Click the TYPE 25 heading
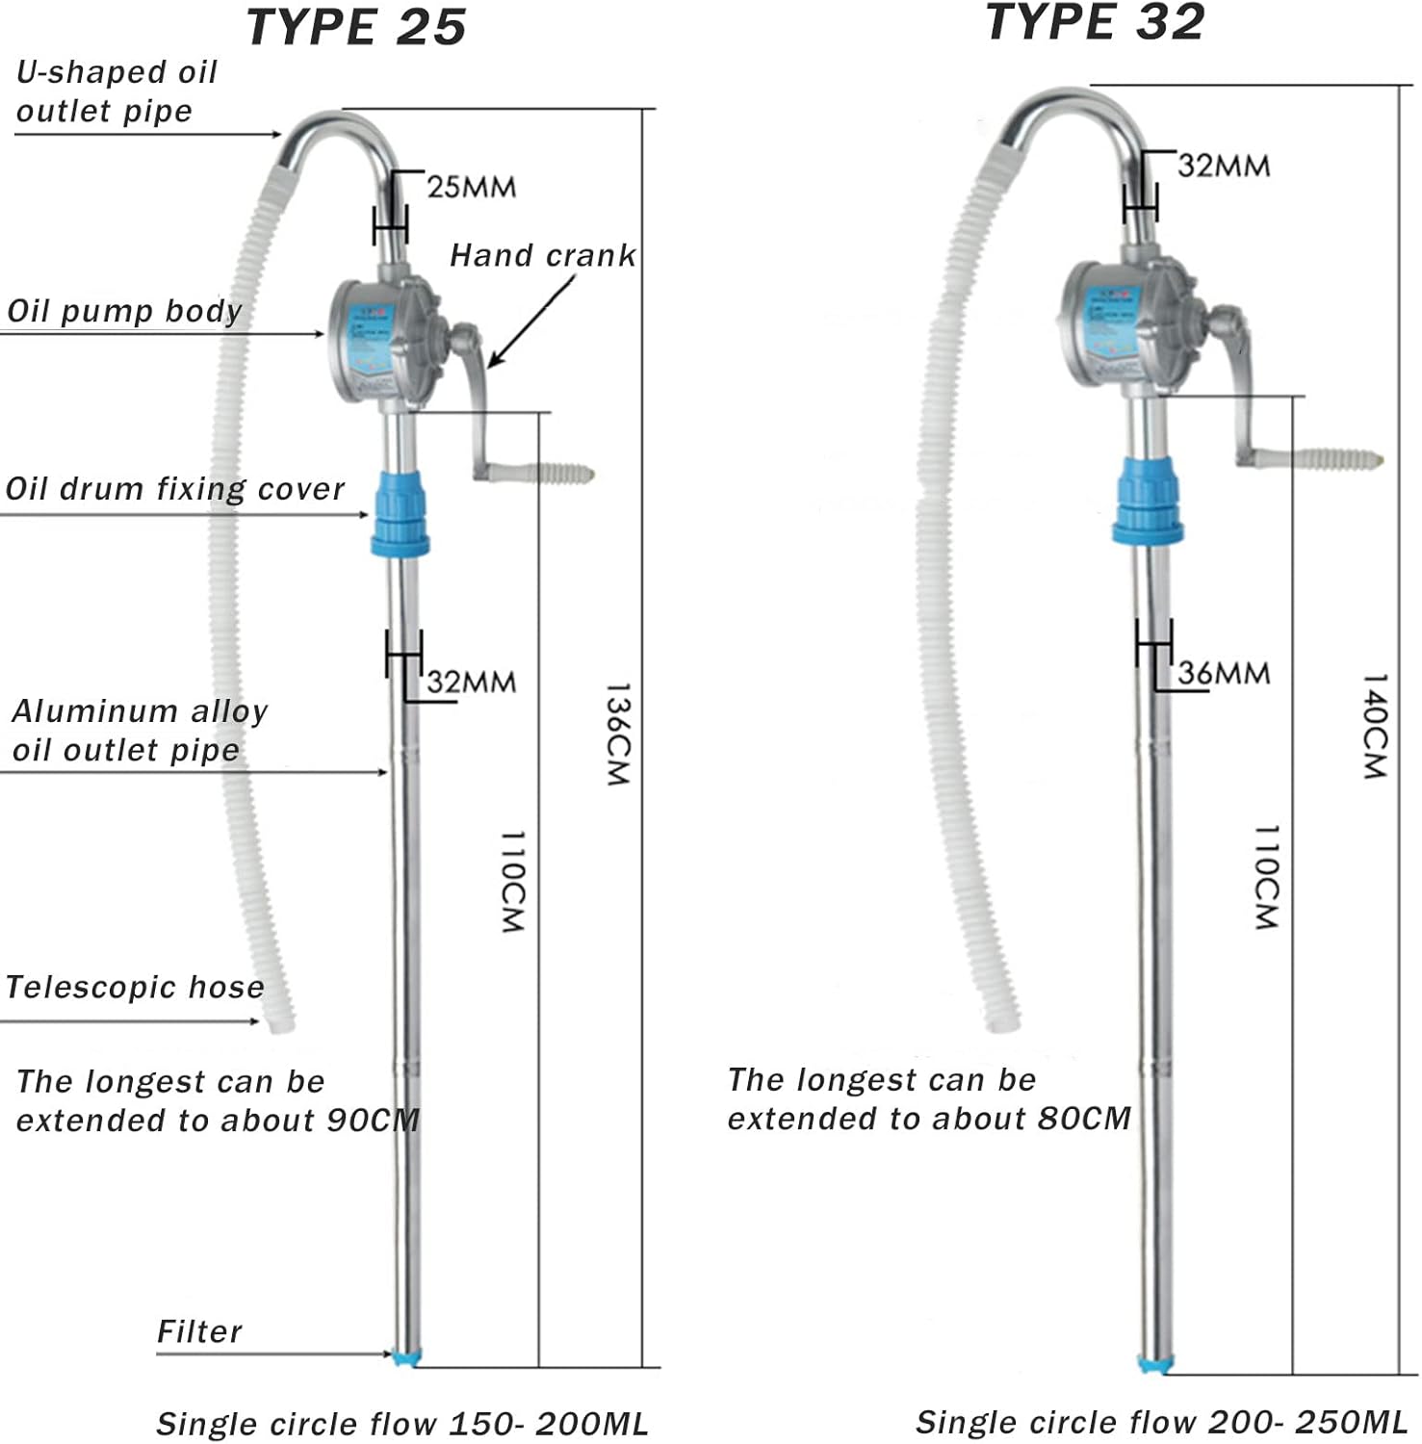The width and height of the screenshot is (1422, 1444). [x=356, y=27]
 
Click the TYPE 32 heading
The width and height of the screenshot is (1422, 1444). [x=1095, y=22]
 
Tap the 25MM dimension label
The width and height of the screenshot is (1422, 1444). [x=471, y=187]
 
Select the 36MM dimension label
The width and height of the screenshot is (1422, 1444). [x=1224, y=673]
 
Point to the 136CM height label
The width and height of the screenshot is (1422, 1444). [x=617, y=735]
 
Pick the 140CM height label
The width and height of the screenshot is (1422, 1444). [x=1374, y=726]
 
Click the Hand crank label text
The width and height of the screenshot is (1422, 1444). [x=542, y=255]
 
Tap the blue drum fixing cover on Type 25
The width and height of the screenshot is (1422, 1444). [x=400, y=515]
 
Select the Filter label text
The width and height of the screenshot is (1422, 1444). [x=199, y=1331]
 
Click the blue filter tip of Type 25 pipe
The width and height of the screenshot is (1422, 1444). [x=406, y=1356]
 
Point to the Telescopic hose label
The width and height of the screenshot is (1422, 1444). [x=135, y=987]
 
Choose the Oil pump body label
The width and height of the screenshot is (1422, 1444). [x=124, y=311]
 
